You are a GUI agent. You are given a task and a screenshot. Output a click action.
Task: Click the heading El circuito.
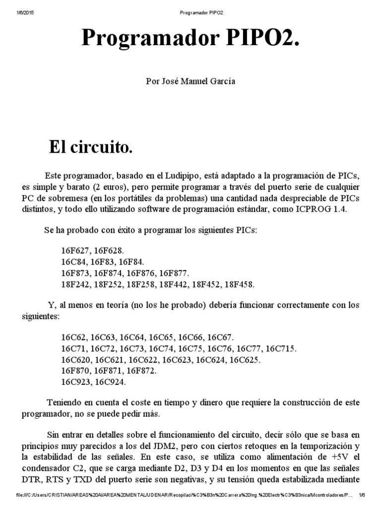[91, 147]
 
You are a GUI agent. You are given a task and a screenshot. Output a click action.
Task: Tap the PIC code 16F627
[74, 251]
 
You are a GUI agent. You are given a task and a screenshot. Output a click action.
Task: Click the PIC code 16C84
[73, 262]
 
